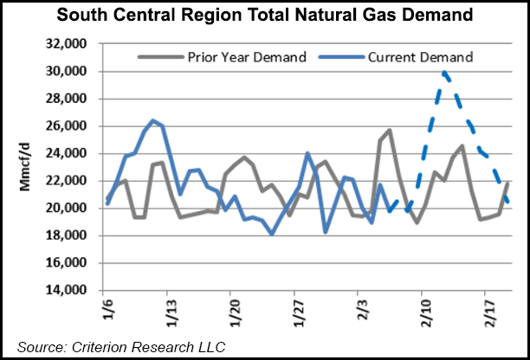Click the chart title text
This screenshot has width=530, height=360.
(265, 14)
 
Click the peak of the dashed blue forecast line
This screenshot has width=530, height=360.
(444, 73)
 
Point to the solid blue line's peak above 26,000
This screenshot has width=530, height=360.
(152, 120)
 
